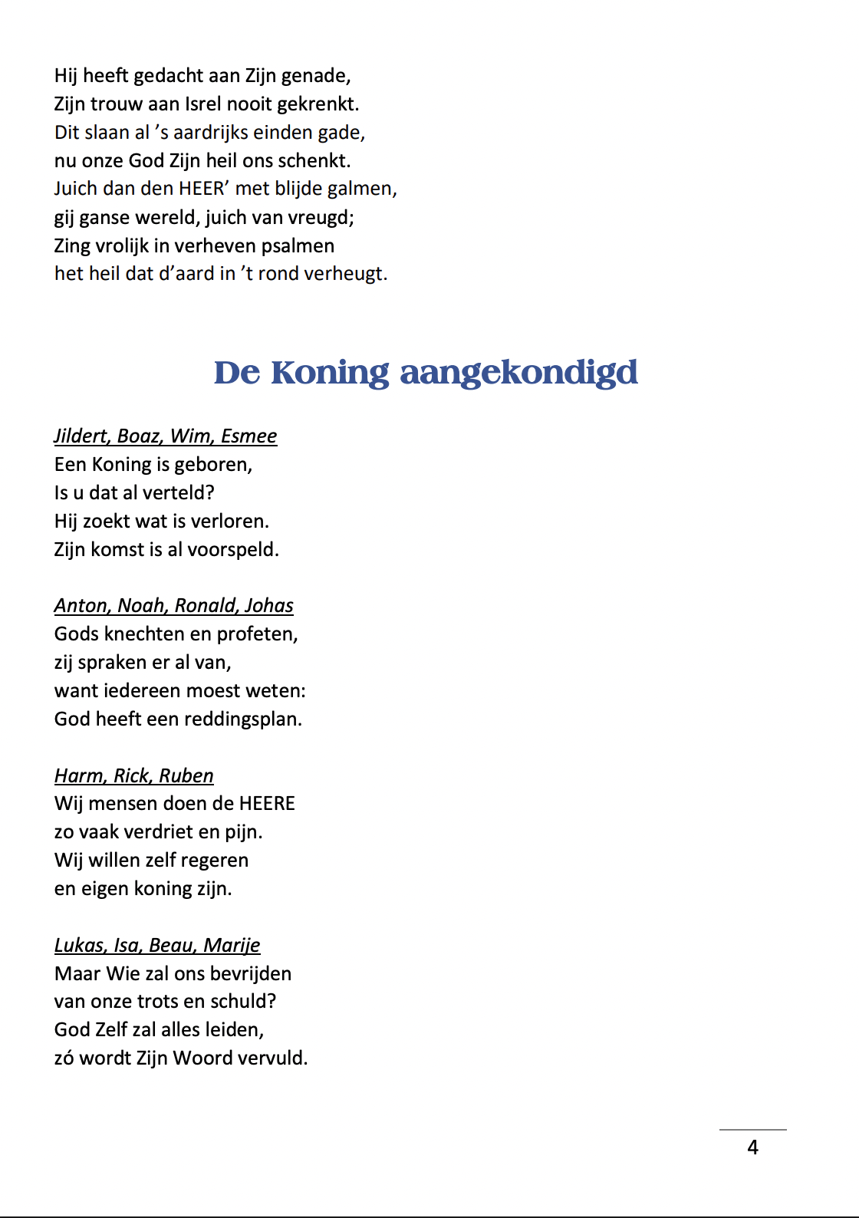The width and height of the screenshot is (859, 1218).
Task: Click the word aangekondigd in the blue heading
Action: tap(518, 374)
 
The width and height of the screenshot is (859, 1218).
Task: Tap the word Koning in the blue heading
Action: tap(330, 374)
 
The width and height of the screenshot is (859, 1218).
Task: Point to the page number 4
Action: tap(752, 1147)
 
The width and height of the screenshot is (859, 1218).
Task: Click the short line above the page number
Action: tap(752, 1130)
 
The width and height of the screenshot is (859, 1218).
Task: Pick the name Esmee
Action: tap(248, 436)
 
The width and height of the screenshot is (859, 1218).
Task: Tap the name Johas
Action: tap(268, 606)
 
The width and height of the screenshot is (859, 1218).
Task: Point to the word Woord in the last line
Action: tap(202, 1058)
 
